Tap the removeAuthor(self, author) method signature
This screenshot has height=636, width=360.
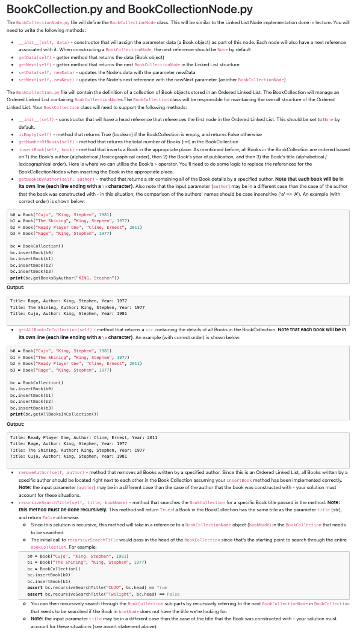[x=51, y=472]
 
